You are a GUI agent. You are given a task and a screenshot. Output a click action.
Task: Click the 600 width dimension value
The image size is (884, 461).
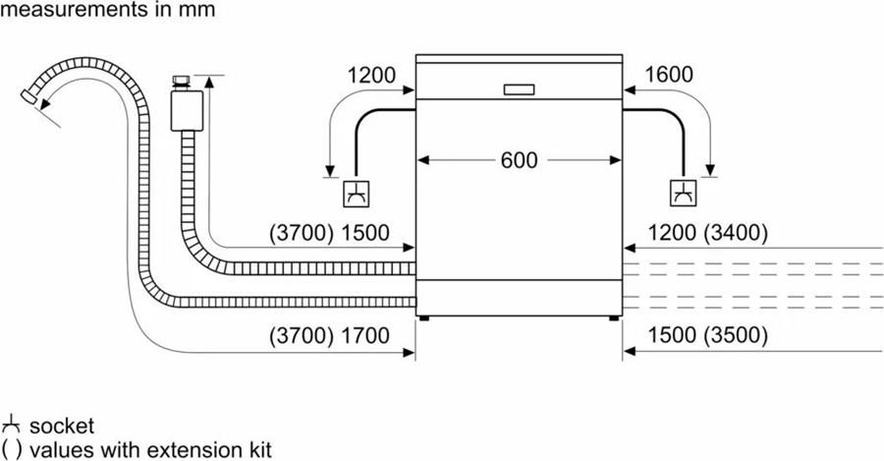pos(519,160)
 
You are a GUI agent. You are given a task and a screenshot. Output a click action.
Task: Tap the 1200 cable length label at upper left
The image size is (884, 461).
pos(370,75)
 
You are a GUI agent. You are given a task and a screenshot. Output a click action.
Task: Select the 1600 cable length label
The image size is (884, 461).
pos(669,75)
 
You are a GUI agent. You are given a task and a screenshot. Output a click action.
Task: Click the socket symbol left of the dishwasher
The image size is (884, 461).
pos(354,194)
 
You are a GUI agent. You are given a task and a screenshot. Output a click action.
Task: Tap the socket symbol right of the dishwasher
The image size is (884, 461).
pos(682,194)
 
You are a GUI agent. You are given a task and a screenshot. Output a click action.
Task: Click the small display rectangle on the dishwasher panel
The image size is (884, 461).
pos(519,89)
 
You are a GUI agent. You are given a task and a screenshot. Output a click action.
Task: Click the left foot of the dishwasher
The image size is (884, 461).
pos(425,317)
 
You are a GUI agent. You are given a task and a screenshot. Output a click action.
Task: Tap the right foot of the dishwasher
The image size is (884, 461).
pos(612,317)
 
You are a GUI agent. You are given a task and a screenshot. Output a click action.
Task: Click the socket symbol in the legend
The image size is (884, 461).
pos(11,426)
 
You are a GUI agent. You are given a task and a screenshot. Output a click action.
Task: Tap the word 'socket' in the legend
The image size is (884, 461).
pos(62,426)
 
